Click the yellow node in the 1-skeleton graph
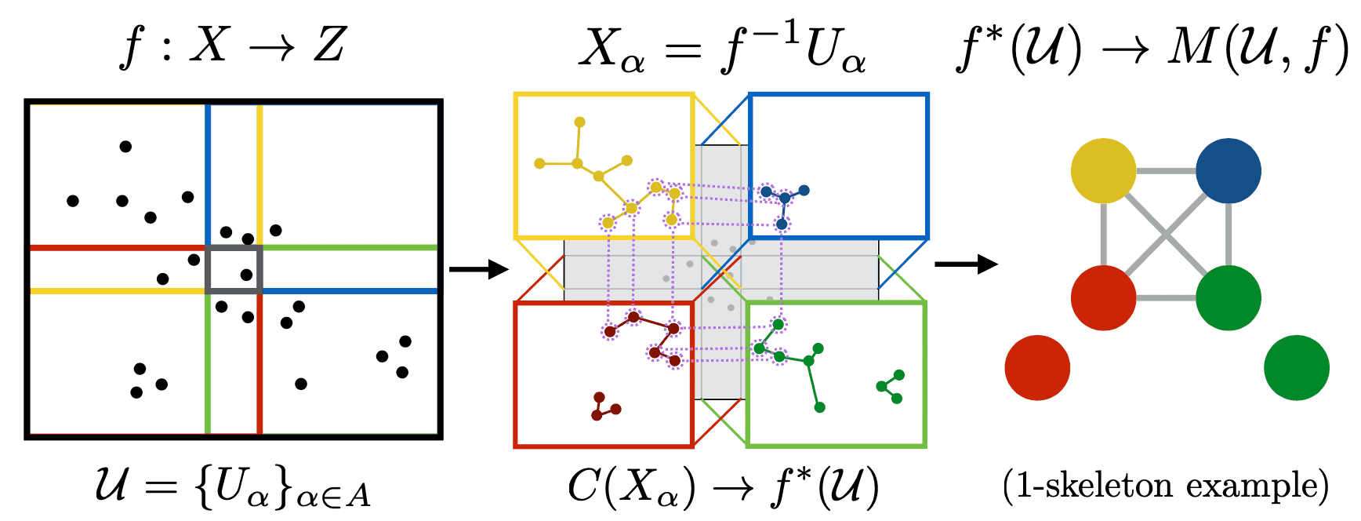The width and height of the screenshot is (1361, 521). pos(1103,171)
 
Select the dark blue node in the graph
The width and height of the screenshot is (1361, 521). pos(1229,171)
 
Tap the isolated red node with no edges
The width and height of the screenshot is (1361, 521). pos(1037,368)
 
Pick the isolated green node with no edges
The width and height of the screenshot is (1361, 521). pos(1297,368)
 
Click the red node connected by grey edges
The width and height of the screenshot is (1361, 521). pos(1103,298)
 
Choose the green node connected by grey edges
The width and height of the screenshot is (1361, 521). pos(1229,298)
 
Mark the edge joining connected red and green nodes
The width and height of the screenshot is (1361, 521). pos(1166,298)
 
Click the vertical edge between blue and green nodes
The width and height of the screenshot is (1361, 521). pos(1229,234)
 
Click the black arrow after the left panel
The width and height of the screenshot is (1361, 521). pos(478,270)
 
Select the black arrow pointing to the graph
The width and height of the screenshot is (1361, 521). pos(965,264)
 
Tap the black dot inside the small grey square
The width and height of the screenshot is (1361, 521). pos(246,275)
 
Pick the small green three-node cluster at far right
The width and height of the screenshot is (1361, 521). pos(892,387)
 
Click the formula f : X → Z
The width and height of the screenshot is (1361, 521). pos(233,45)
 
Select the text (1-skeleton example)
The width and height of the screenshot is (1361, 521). pos(1166,486)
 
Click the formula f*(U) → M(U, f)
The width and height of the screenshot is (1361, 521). pos(1152,49)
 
